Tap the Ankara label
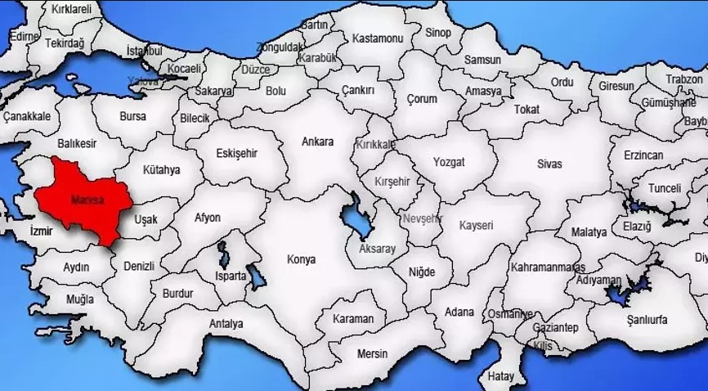coord(317,142)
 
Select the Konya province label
coord(300,259)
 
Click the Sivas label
coord(549,164)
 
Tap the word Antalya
coord(226,324)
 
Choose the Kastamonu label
coord(378,38)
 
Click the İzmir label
coord(41,231)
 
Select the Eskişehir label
coord(236,153)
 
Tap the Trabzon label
coord(683,79)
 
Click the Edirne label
coord(24,37)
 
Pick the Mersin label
coord(372,353)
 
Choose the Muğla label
coord(80,299)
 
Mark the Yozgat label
coord(449,162)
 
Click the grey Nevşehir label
coord(422,218)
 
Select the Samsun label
coord(482,60)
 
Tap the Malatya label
coord(589,232)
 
